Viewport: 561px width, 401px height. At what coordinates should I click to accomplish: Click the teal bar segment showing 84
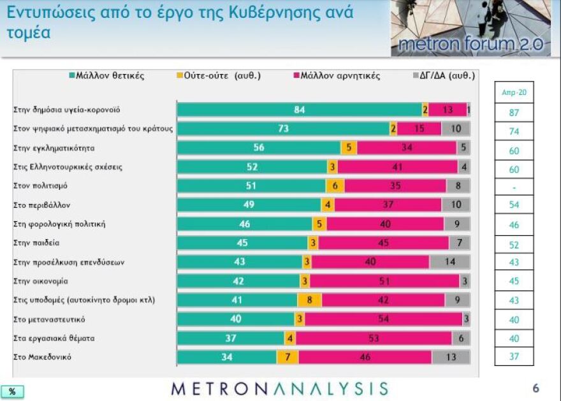(x=299, y=110)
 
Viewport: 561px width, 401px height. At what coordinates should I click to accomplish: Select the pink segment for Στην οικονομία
(x=384, y=281)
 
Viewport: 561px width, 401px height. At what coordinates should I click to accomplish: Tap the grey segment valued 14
(x=450, y=262)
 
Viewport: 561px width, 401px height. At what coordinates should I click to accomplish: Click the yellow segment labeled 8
(x=309, y=300)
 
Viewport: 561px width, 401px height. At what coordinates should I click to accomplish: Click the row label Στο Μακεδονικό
(x=42, y=357)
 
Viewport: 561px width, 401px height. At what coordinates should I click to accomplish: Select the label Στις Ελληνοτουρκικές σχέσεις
(x=68, y=167)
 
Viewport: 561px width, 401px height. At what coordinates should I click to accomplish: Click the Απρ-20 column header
(x=514, y=92)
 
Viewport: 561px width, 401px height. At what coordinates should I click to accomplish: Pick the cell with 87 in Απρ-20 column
(x=514, y=112)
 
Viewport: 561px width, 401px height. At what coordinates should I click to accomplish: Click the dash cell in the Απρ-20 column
(x=514, y=188)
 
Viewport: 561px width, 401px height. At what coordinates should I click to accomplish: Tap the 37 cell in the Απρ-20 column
(x=514, y=356)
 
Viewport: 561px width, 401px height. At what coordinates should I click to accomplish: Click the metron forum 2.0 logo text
(x=470, y=44)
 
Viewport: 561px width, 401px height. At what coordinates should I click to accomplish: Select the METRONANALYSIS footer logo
(x=280, y=389)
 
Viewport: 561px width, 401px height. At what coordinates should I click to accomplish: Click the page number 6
(x=535, y=388)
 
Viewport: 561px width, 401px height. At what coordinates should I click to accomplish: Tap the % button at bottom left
(x=12, y=391)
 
